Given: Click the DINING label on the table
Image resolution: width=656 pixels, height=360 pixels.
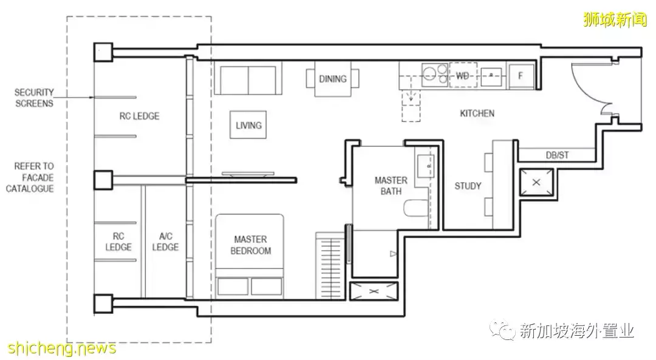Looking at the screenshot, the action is [x=333, y=78].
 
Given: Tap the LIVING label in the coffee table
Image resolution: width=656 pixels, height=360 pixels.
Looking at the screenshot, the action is [x=248, y=125].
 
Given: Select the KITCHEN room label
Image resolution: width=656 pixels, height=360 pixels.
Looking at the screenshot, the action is [x=477, y=114].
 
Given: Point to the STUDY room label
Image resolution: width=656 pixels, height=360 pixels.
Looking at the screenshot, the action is [x=468, y=186].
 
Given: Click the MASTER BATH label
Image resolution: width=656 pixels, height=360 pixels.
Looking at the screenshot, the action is [x=391, y=186].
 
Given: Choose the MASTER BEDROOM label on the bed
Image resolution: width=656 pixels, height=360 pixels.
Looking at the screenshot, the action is [x=251, y=245].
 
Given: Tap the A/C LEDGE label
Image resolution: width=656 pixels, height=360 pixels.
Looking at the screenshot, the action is [x=165, y=242].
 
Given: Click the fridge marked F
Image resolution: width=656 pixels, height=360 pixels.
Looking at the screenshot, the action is [x=521, y=76].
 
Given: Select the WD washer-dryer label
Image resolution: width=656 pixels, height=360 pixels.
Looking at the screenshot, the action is [x=462, y=76].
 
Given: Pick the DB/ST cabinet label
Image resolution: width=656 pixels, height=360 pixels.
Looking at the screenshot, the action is [x=557, y=155].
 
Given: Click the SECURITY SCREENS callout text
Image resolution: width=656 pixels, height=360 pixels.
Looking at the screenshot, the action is [x=34, y=98].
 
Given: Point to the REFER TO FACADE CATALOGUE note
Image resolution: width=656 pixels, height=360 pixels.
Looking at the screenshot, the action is [x=30, y=177].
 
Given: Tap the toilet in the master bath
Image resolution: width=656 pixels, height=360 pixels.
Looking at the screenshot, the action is [x=416, y=208].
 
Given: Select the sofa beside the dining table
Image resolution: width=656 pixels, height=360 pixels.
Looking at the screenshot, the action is [x=248, y=78].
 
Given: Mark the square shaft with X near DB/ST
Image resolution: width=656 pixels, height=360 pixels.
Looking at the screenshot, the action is [x=536, y=182].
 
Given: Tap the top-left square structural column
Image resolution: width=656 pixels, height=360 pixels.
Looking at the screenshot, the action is [x=103, y=52].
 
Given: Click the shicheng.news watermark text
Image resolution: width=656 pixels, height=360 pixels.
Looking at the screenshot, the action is [x=62, y=348].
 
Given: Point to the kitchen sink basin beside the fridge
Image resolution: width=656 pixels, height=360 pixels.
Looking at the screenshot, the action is [x=491, y=76].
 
